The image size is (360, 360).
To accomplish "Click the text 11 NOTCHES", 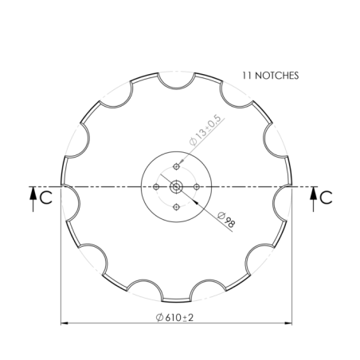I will (x=270, y=76).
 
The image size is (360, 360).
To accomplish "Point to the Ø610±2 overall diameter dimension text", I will (x=177, y=316).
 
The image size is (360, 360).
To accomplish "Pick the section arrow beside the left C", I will (x=32, y=196).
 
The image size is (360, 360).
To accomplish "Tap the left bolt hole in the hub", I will (x=156, y=186).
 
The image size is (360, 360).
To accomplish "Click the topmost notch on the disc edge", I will (x=176, y=79).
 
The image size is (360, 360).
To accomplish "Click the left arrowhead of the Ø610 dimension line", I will (x=65, y=323).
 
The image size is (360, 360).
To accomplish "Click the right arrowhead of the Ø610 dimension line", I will (x=289, y=323).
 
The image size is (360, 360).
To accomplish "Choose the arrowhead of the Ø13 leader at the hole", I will (x=180, y=163).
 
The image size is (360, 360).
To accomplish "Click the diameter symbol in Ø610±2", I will (x=160, y=316).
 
